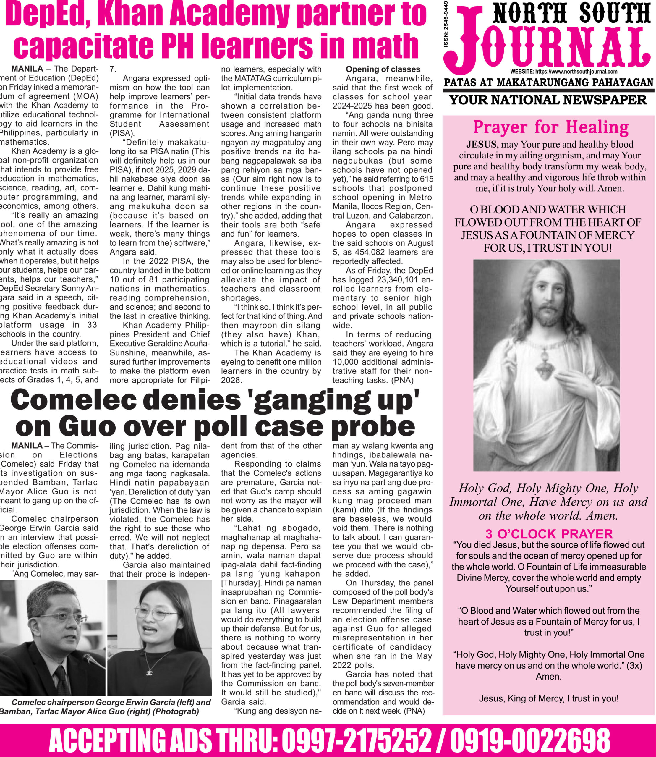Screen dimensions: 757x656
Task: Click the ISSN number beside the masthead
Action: pyautogui.click(x=446, y=24)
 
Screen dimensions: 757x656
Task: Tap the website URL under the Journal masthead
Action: pyautogui.click(x=564, y=72)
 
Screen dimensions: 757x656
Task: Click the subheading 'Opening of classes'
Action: pyautogui.click(x=383, y=69)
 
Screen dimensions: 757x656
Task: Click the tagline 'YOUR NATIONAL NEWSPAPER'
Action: pyautogui.click(x=548, y=100)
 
